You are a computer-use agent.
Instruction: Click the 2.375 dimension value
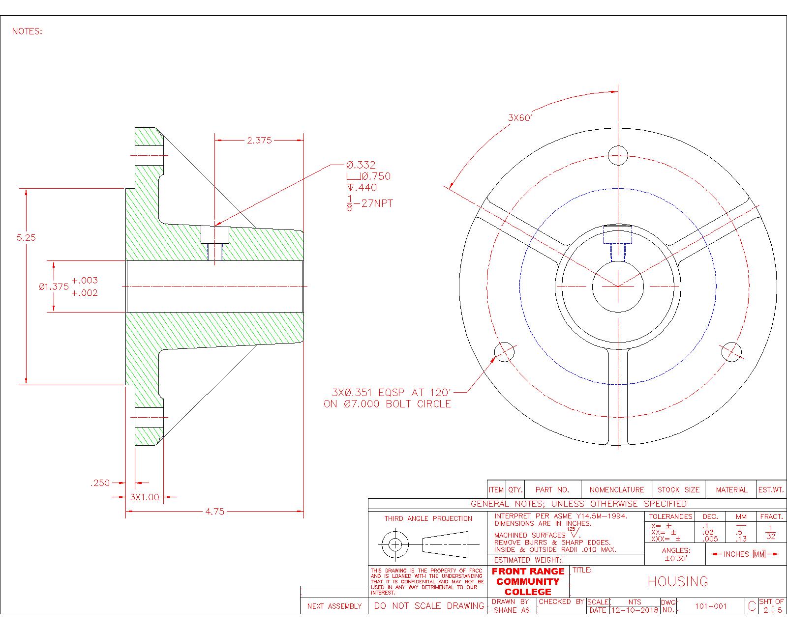[259, 140]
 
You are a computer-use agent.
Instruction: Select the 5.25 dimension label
[26, 237]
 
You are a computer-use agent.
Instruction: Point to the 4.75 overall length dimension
[214, 512]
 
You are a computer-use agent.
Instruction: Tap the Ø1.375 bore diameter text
[54, 287]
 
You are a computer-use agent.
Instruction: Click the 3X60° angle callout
[520, 118]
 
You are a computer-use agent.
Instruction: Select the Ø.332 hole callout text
[361, 165]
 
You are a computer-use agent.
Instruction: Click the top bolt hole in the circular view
[618, 156]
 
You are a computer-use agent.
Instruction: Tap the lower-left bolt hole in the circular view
[504, 352]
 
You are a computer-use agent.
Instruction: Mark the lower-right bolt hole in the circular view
[731, 352]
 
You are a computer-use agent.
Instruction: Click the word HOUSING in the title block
[678, 582]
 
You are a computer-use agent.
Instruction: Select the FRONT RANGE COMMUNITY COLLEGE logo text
[528, 581]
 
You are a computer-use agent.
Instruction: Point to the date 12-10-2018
[634, 610]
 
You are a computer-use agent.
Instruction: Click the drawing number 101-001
[710, 606]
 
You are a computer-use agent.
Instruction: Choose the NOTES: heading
[27, 31]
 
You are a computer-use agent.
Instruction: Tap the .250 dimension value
[100, 483]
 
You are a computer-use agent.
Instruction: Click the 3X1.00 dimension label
[145, 497]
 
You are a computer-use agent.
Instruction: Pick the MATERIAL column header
[731, 490]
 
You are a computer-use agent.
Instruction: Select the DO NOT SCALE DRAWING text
[429, 606]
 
